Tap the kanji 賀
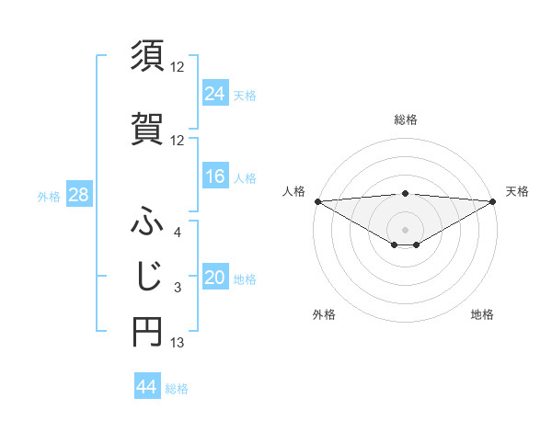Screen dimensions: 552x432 [147, 128]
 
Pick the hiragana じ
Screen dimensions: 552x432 [147, 275]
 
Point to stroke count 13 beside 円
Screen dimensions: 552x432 [178, 343]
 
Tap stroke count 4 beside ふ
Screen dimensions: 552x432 [178, 233]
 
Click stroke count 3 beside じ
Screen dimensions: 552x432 [178, 289]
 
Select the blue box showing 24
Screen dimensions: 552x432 [215, 93]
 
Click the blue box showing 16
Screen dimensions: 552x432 [215, 176]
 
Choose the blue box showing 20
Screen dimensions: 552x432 [215, 278]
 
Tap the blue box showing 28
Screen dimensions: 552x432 [78, 195]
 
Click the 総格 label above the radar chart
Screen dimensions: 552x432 [406, 119]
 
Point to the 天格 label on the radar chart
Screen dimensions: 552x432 [517, 191]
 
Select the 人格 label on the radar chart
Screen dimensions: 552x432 [293, 191]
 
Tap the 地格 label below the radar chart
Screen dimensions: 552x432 [482, 314]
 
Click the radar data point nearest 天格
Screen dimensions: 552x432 [493, 200]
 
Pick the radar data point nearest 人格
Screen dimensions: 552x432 [317, 200]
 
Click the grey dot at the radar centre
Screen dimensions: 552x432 [405, 229]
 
